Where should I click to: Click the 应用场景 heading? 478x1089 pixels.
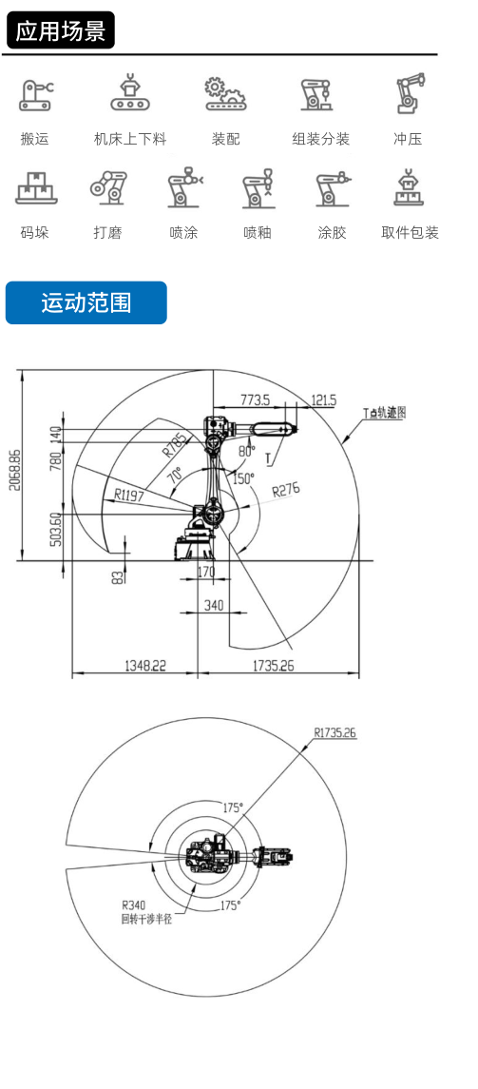point(61,30)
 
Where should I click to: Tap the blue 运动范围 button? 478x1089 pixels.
point(86,302)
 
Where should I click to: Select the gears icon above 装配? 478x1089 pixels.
point(225,94)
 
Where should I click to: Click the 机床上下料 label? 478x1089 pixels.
point(130,139)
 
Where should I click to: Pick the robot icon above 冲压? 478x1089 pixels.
point(409,93)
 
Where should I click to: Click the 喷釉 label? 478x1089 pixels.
point(258,233)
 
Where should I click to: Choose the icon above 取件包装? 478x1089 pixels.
point(410,187)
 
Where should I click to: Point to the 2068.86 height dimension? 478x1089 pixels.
point(14,470)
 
